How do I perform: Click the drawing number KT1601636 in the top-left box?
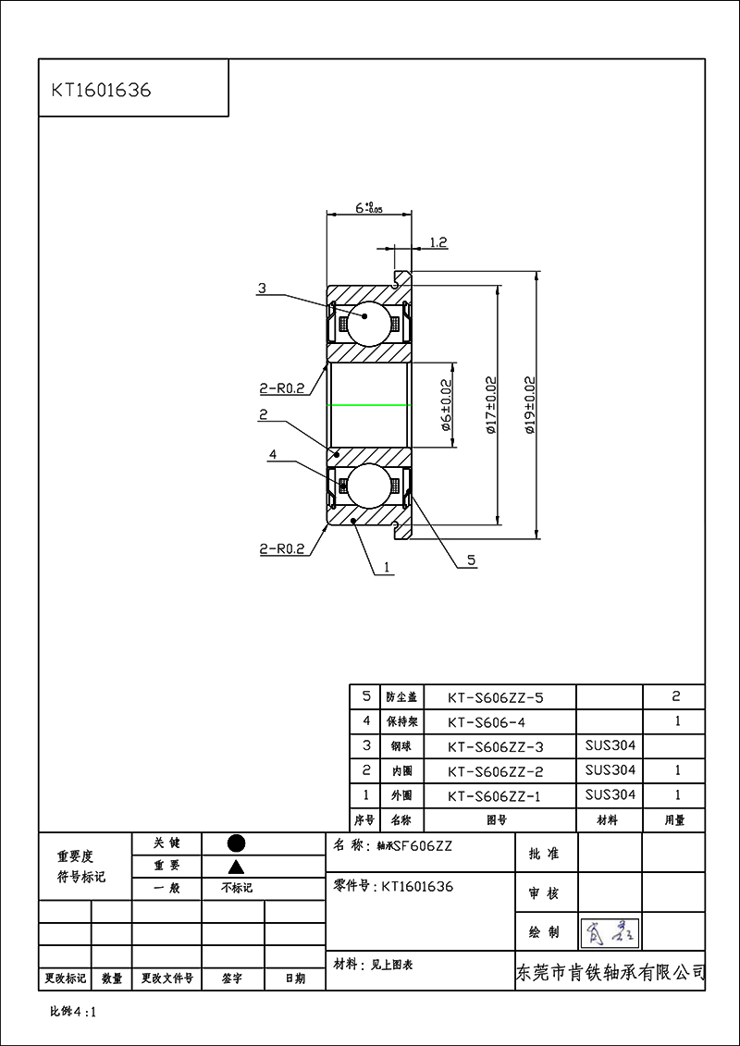[x=101, y=91]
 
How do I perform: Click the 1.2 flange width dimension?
[x=438, y=242]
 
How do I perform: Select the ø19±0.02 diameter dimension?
[x=529, y=404]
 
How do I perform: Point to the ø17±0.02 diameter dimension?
[x=490, y=404]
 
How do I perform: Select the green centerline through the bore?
[x=369, y=405]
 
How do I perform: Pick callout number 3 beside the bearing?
[x=262, y=289]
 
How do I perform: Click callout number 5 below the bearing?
[x=471, y=560]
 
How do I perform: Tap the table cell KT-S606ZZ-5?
[x=496, y=697]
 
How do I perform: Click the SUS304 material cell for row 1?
[x=610, y=794]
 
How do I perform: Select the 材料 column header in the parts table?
[x=609, y=819]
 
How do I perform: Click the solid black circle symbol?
[x=236, y=843]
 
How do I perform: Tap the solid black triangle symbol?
[x=236, y=867]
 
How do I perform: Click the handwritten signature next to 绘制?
[x=610, y=932]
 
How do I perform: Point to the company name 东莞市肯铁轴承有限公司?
[x=610, y=973]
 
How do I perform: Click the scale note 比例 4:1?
[x=73, y=1012]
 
